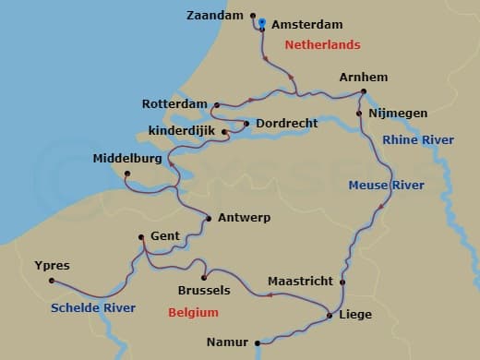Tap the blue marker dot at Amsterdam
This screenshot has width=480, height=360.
pos(262,22)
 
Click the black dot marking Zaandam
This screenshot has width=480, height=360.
pos(252,16)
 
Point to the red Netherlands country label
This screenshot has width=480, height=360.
pos(322,44)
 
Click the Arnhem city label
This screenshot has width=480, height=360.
pos(363,77)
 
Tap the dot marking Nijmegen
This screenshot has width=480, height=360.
pos(359,114)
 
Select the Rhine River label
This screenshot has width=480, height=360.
pos(418,139)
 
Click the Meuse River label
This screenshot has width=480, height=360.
pos(386,186)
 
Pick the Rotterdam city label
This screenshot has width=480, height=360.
pos(175,103)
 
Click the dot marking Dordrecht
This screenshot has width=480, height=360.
pos(246,123)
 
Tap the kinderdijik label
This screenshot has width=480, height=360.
pos(184,130)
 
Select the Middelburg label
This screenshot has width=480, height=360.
pos(127,159)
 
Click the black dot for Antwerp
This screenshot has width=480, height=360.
pos(209,219)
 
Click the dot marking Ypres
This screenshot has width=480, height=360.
pos(52,281)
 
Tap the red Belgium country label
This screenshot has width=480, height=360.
pos(193,313)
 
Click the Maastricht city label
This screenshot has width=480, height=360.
pos(299,281)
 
